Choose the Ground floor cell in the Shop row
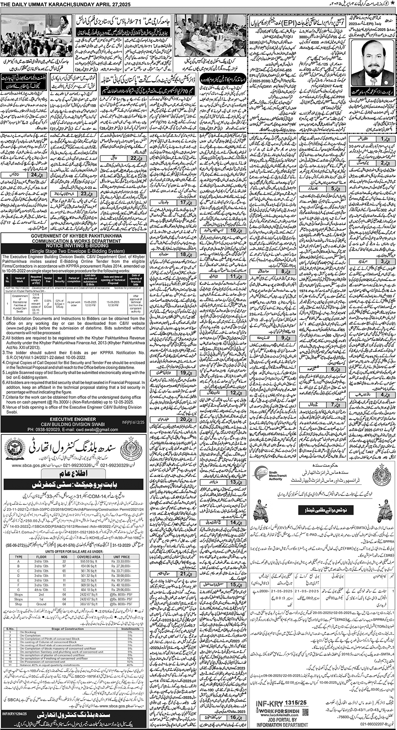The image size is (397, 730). tap(41, 604)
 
